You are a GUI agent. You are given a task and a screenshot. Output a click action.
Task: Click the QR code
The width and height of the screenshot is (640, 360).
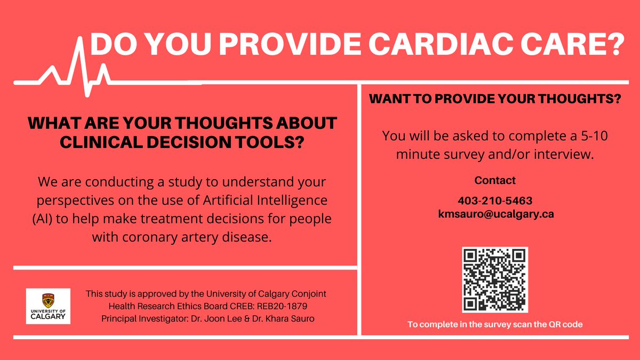pyautogui.click(x=495, y=279)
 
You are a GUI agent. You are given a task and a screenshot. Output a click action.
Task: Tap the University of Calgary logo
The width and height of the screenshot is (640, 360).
pyautogui.click(x=48, y=306)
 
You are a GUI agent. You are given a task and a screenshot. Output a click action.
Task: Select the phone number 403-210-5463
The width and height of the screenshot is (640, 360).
pyautogui.click(x=495, y=201)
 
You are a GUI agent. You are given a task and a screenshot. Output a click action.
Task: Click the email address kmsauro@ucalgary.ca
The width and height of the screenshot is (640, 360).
pyautogui.click(x=495, y=213)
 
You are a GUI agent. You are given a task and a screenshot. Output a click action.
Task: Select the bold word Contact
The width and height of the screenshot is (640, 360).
pyautogui.click(x=495, y=180)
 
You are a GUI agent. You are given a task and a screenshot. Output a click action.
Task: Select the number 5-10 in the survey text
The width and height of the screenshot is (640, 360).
pyautogui.click(x=591, y=136)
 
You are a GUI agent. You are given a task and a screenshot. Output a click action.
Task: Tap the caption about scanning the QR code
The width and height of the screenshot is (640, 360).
pyautogui.click(x=495, y=324)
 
